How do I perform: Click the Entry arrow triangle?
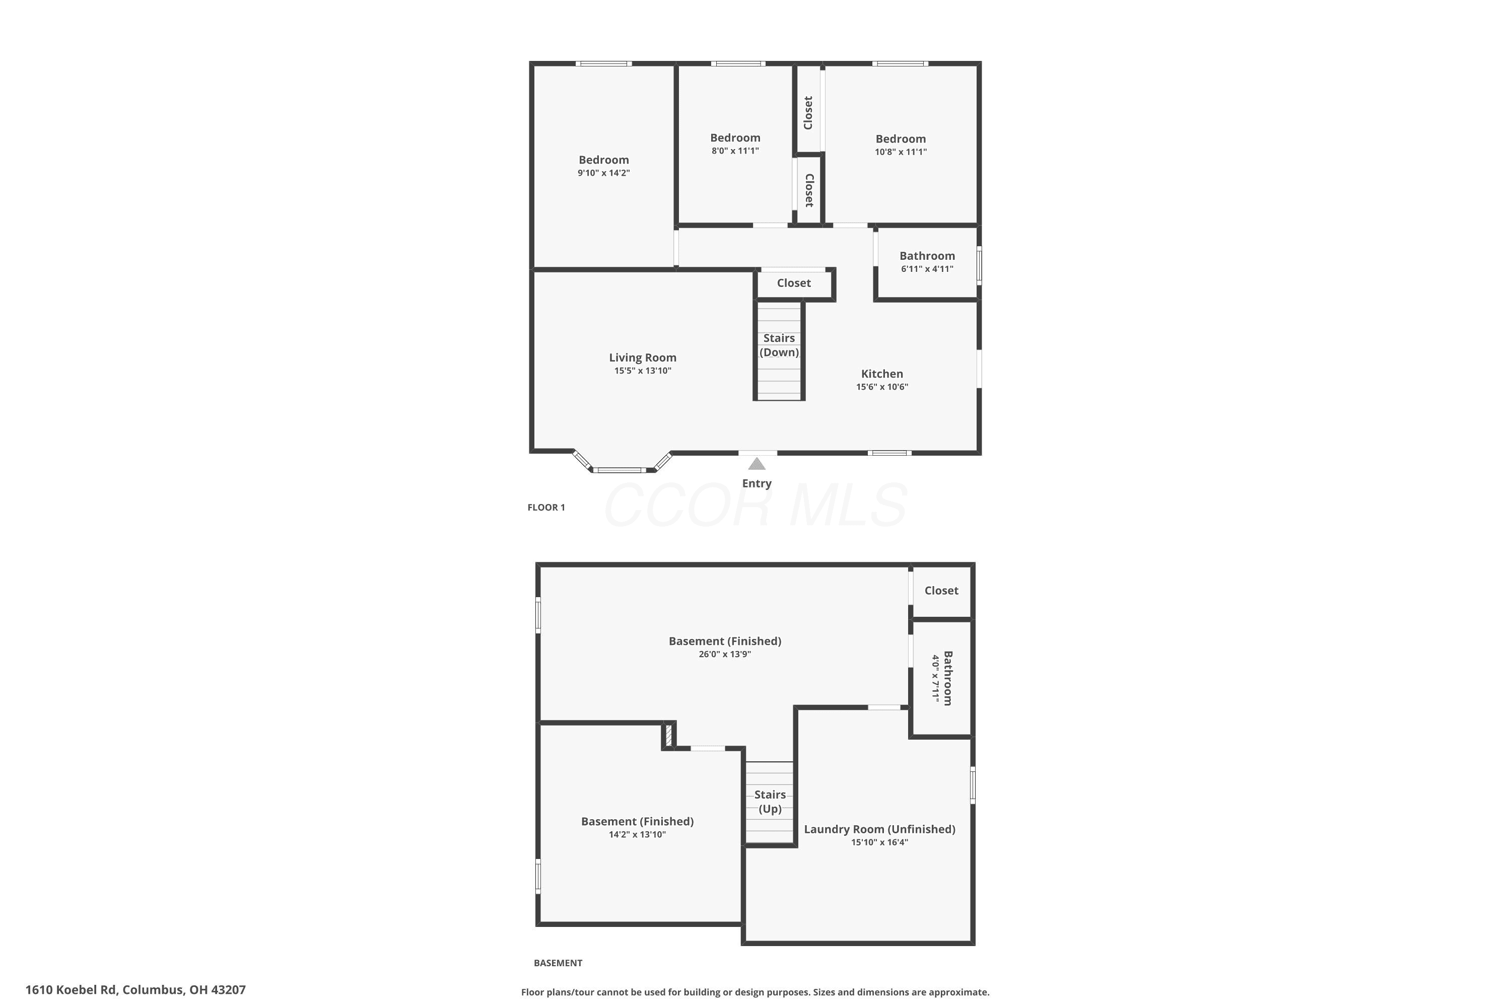click(757, 464)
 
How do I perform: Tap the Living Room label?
click(643, 357)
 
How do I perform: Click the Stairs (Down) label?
click(779, 345)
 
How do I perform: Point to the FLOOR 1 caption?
click(546, 508)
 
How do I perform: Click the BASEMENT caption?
click(558, 963)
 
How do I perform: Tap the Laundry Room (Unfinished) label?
click(879, 829)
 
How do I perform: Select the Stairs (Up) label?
click(770, 802)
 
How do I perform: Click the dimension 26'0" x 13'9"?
click(725, 655)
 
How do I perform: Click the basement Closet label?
click(941, 591)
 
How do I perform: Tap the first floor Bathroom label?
click(927, 256)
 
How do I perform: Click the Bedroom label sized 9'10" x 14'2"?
click(604, 160)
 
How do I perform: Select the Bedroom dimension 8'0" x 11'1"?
click(735, 151)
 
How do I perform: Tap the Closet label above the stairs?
click(794, 283)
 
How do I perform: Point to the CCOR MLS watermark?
click(756, 506)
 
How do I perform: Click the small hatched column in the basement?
click(668, 735)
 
